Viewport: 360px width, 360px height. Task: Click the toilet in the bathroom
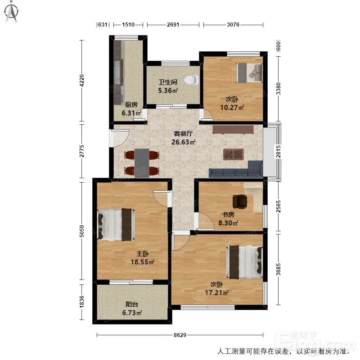192,80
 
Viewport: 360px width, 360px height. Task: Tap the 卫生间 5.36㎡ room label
168,86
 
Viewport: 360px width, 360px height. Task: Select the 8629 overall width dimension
180,335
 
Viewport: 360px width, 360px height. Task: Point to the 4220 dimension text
81,81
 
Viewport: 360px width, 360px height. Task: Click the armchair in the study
240,201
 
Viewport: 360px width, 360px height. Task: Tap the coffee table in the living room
234,154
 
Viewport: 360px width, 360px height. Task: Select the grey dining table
142,163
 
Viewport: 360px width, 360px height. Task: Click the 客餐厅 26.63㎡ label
183,138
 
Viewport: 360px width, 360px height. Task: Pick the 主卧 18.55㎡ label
142,258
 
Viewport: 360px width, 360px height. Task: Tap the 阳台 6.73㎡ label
132,308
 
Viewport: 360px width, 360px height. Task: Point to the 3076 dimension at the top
233,25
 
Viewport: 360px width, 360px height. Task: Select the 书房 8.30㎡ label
228,219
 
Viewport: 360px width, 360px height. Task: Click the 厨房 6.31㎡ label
131,109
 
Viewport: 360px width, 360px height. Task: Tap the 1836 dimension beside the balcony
81,301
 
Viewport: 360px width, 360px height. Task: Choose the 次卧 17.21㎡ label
216,288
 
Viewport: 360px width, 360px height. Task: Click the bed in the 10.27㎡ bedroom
250,72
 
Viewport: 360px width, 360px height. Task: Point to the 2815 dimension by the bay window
278,152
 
